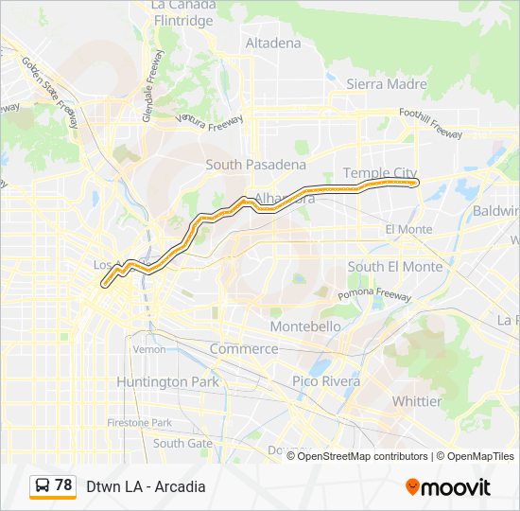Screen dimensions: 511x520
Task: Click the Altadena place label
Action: pos(272,43)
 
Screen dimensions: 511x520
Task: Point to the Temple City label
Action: pos(379,173)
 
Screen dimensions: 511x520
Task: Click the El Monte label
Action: pos(408,230)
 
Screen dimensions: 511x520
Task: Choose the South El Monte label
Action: pos(394,267)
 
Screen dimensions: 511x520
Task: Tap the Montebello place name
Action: pos(305,326)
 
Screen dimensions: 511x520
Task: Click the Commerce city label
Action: pos(244,348)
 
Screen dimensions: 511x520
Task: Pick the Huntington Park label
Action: pos(167,381)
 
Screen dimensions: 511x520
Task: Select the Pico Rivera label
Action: pos(326,381)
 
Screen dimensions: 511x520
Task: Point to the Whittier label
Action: pos(416,401)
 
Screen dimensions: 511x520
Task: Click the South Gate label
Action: pos(182,443)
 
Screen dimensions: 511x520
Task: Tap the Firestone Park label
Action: pos(139,422)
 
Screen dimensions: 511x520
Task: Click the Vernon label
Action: pos(149,349)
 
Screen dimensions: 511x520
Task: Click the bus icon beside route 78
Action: pos(43,486)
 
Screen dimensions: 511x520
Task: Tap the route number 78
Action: pos(63,485)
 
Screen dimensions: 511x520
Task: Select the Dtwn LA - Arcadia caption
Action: pos(146,487)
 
